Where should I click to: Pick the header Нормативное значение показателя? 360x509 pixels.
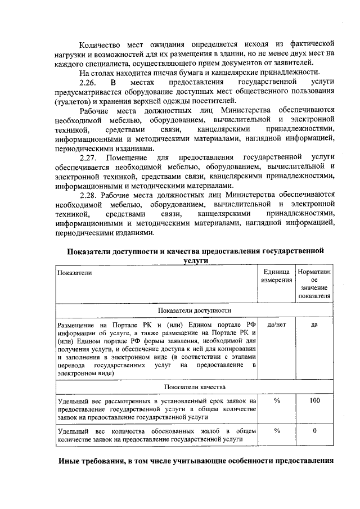314,283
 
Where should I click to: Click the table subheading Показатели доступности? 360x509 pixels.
195,310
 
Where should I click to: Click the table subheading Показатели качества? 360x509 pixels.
195,387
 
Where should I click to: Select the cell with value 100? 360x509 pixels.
314,400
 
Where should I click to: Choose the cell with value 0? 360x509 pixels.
314,430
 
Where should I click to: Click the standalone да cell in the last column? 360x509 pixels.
314,325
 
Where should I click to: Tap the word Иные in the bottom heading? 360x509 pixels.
71,462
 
